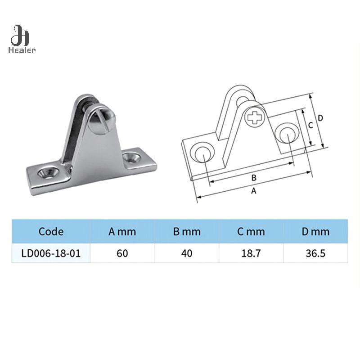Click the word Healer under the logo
click(22, 50)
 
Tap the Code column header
click(51, 231)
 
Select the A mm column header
click(122, 232)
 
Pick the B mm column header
click(187, 232)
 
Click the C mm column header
click(251, 232)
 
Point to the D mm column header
click(315, 232)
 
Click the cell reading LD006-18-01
click(51, 253)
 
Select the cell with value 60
click(122, 253)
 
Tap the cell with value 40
click(187, 253)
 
